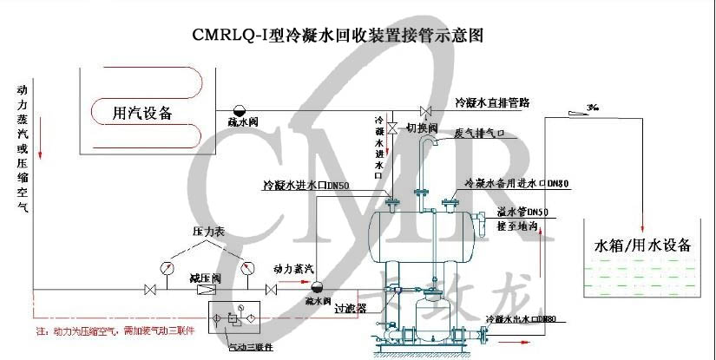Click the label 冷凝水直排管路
click(492, 101)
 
